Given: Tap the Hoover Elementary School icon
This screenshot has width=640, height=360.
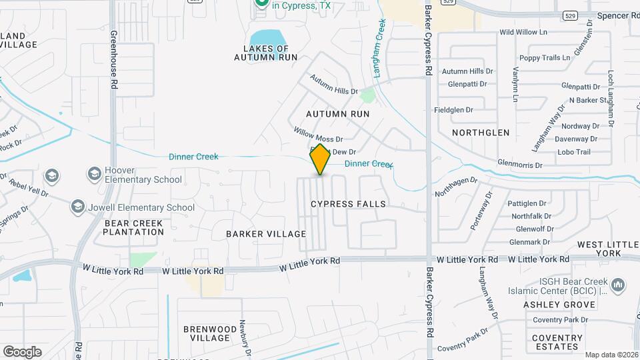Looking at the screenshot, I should coord(94,174).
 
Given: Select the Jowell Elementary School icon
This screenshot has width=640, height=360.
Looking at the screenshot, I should coord(79,207).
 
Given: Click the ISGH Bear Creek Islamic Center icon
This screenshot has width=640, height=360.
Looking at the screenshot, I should coord(618,285).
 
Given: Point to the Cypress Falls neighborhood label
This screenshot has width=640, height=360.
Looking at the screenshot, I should coord(349,203).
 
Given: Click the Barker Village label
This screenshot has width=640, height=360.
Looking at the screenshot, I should coord(266,234).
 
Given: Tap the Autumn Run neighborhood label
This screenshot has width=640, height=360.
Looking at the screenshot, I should coord(337,114).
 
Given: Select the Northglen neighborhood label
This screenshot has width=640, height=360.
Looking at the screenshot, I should coord(481,133).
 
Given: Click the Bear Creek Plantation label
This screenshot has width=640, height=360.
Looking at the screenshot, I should coord(134,227).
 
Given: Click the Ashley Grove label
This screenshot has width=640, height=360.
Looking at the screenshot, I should coord(559,305).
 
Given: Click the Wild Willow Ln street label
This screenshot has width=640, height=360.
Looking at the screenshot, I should coord(523,31).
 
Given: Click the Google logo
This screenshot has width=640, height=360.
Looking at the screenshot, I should coord(22,351).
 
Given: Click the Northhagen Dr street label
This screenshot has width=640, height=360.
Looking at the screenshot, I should coord(457,185).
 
